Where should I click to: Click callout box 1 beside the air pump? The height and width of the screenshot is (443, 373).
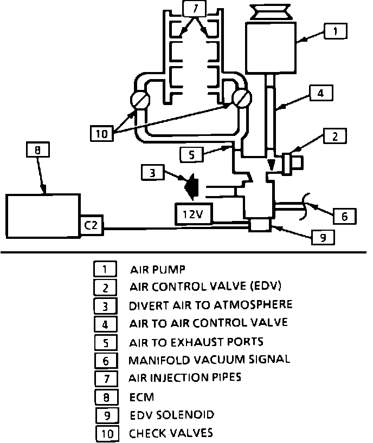click(x=336, y=31)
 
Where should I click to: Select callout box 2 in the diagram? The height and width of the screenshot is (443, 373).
click(x=335, y=136)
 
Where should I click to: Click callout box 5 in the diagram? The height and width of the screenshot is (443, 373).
click(x=191, y=154)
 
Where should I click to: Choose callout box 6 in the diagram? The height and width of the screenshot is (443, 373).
click(x=344, y=216)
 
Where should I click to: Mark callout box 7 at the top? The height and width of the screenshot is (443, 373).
click(x=194, y=8)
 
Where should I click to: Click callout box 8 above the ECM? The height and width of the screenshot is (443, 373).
click(x=37, y=150)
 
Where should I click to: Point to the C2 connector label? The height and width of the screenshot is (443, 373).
click(x=91, y=225)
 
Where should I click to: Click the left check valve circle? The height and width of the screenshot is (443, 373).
click(x=140, y=101)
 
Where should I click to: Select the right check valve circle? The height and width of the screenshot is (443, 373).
click(x=241, y=100)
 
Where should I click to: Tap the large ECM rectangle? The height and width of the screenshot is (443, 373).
click(x=42, y=216)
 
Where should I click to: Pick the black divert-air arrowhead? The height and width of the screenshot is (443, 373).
click(x=191, y=187)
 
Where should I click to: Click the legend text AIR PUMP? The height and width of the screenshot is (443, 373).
click(x=158, y=269)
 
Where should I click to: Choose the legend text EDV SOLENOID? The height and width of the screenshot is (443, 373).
click(x=172, y=415)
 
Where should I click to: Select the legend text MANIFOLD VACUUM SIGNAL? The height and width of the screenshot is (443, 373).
click(x=209, y=359)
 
